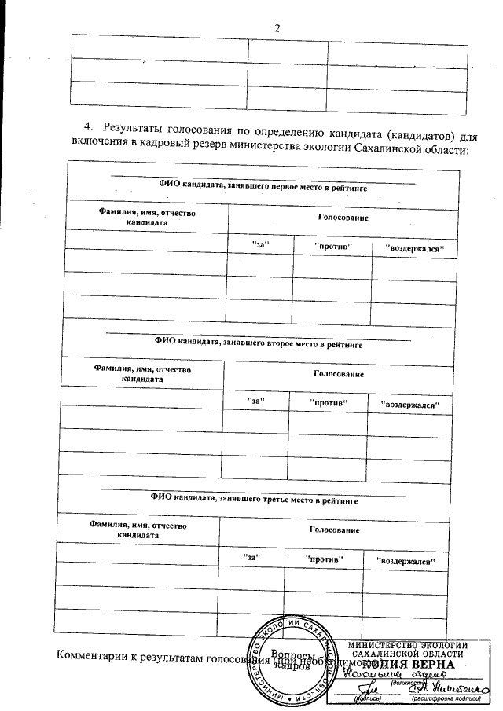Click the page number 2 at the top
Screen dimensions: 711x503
(277, 28)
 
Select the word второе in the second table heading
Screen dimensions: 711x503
(279, 343)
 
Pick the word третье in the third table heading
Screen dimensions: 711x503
(275, 498)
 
